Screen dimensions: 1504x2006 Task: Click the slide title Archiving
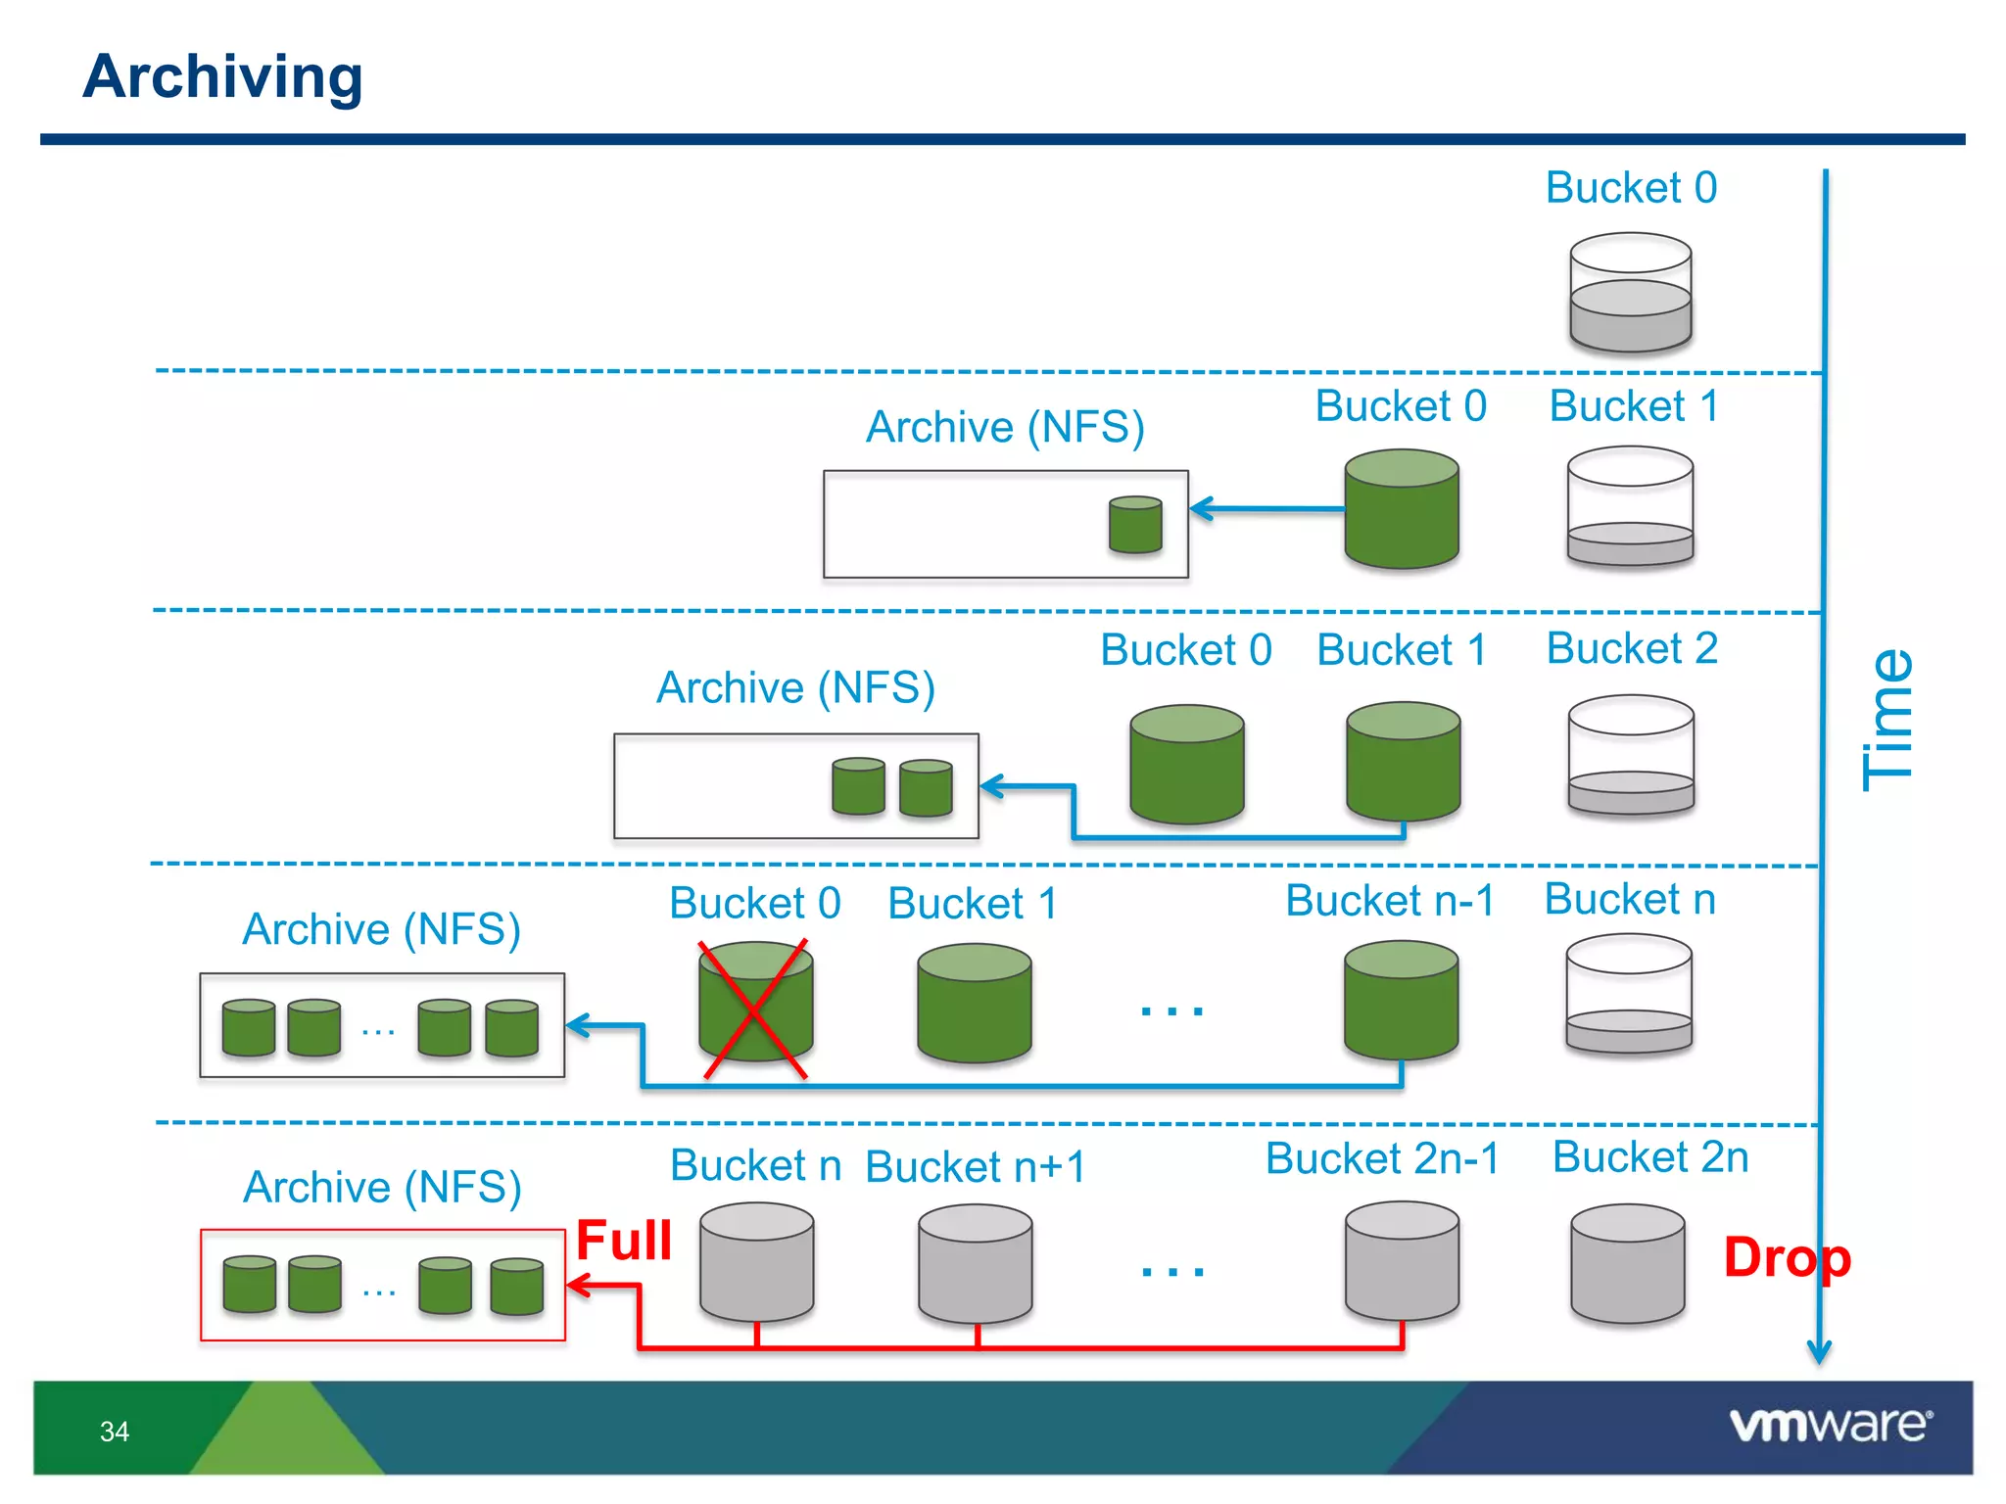point(222,77)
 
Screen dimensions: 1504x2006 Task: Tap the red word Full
point(624,1241)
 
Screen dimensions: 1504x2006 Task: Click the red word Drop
point(1787,1257)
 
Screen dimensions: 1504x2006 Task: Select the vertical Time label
point(1887,720)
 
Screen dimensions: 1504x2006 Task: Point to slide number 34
point(115,1432)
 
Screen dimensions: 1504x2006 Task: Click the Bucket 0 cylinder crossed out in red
point(755,1004)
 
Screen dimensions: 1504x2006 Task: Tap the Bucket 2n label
point(1650,1157)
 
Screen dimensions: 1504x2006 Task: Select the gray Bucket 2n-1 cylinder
point(1402,1262)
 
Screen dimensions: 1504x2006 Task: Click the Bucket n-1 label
point(1389,901)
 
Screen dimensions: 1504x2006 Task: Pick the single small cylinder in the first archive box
point(1135,525)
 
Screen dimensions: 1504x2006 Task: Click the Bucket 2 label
point(1632,648)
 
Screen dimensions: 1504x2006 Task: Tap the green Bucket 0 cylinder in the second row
point(1402,509)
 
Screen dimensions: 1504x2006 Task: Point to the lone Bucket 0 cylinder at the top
point(1631,292)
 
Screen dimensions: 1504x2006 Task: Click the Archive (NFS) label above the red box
point(382,1187)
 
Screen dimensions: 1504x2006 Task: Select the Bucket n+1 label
point(976,1167)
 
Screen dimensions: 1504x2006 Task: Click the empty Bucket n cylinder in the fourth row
point(1629,993)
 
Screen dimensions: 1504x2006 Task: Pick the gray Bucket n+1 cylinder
point(976,1263)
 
